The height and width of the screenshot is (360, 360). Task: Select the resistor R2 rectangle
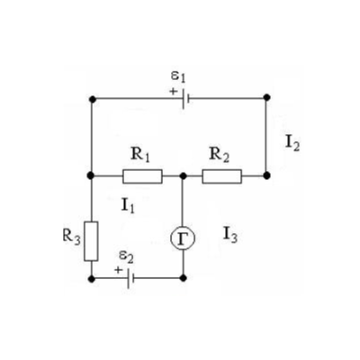pyautogui.click(x=222, y=176)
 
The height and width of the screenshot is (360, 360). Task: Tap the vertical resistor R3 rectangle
pyautogui.click(x=91, y=241)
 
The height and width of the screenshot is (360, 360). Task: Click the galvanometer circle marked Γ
pyautogui.click(x=183, y=238)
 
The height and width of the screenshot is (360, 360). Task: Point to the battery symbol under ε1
pyautogui.click(x=186, y=98)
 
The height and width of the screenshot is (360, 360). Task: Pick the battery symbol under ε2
pyautogui.click(x=130, y=278)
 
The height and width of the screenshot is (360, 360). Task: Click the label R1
pyautogui.click(x=140, y=155)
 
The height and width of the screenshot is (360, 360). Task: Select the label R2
pyautogui.click(x=220, y=155)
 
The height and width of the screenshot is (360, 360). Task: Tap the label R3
pyautogui.click(x=72, y=237)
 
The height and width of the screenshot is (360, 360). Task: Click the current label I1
pyautogui.click(x=128, y=206)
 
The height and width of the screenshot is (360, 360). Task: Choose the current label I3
pyautogui.click(x=230, y=235)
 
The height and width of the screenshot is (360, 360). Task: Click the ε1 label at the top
pyautogui.click(x=178, y=76)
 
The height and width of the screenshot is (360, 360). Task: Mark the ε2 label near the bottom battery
pyautogui.click(x=126, y=256)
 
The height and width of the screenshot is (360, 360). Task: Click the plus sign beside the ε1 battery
pyautogui.click(x=173, y=91)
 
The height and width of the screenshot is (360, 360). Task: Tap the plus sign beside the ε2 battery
pyautogui.click(x=119, y=270)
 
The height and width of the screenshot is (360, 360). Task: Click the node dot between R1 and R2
pyautogui.click(x=183, y=176)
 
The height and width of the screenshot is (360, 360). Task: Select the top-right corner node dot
pyautogui.click(x=266, y=97)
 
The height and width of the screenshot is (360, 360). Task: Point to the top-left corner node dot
pyautogui.click(x=93, y=99)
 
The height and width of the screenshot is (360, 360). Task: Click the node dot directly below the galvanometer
pyautogui.click(x=184, y=278)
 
